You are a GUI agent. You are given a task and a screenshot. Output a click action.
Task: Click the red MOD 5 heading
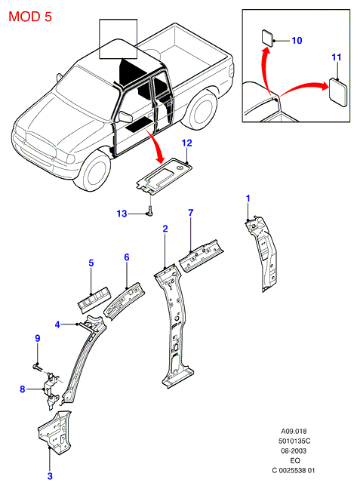[x=30, y=17]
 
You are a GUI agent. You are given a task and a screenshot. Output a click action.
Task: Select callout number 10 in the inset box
[x=297, y=41]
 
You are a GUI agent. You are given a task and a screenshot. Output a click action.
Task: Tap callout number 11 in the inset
[x=337, y=57]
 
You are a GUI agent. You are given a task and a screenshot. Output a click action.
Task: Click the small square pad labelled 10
[x=267, y=38]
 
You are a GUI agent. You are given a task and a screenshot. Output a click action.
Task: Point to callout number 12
[x=186, y=143]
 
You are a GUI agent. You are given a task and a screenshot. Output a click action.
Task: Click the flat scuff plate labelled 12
[x=164, y=176]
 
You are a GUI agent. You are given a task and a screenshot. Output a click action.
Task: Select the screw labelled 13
[x=150, y=211]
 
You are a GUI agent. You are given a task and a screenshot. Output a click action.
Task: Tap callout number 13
[x=122, y=214]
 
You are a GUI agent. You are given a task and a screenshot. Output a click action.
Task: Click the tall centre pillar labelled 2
[x=174, y=324]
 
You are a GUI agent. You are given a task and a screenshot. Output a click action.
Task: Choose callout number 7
[x=191, y=213]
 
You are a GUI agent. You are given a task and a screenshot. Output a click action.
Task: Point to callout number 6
[x=127, y=257]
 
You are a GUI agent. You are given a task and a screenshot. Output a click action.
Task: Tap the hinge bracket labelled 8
[x=51, y=390]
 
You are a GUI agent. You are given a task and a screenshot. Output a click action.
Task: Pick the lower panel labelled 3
[x=55, y=432]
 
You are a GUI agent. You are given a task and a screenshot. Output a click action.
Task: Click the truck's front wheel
[x=94, y=173]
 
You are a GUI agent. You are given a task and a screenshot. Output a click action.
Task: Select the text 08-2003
[x=294, y=451]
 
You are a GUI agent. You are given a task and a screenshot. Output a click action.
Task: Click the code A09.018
[x=294, y=432]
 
